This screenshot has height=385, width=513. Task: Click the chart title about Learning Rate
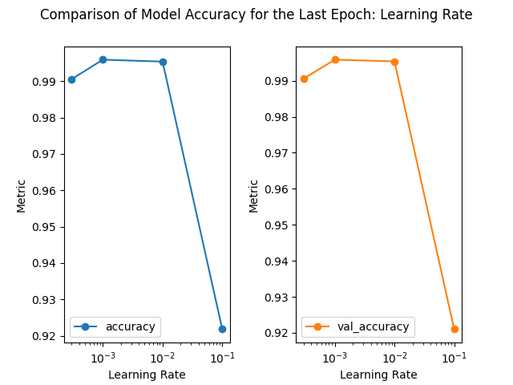point(256,14)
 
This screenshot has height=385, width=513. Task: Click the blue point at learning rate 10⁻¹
point(222,329)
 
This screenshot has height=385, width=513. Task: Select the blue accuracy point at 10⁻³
point(103,59)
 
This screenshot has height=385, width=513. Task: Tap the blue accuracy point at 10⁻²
point(163,62)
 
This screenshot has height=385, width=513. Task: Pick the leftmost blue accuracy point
point(71,79)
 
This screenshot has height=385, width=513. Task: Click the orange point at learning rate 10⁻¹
point(454,329)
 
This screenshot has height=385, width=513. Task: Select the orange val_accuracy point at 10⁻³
point(335,59)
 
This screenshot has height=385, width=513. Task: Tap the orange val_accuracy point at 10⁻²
point(394,62)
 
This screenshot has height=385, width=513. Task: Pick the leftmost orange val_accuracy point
point(304,79)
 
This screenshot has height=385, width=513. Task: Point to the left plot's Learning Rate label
point(147,375)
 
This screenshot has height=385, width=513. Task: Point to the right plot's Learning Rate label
point(378,375)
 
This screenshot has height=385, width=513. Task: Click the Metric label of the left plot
point(22,195)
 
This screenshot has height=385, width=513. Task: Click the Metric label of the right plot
point(254,195)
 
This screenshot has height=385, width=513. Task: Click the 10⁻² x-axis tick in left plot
point(163,356)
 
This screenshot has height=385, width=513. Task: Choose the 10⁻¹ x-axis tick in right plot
point(454,356)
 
